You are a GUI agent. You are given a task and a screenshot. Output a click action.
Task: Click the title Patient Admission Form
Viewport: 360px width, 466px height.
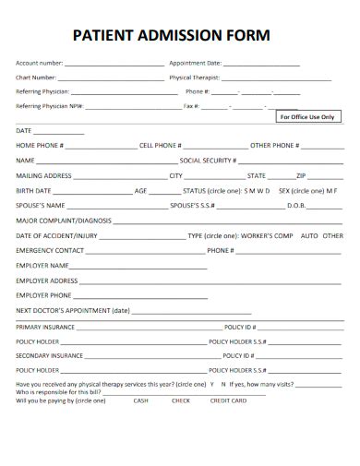point(171,37)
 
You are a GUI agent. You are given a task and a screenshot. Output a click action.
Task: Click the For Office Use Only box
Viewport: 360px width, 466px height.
point(306,117)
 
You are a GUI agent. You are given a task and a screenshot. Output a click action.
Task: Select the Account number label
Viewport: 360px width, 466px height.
point(39,64)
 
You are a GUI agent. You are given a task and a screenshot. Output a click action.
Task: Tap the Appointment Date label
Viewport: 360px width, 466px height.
point(195,64)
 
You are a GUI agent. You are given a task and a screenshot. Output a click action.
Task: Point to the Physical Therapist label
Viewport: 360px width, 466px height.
point(194,78)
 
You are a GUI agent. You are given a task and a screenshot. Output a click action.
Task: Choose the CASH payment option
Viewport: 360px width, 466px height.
point(140,400)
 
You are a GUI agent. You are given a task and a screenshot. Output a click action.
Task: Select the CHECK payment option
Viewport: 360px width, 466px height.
point(181,400)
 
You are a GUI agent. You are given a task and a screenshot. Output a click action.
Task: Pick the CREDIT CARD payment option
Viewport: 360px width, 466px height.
point(228,400)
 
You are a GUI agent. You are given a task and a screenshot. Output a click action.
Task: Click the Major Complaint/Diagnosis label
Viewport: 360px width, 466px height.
point(64,221)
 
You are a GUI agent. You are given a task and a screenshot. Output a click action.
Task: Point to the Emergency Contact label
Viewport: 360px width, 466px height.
point(50,250)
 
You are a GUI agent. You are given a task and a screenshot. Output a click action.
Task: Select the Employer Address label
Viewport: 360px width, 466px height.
point(47,280)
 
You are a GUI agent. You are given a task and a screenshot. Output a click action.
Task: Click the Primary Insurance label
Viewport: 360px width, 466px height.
point(43,327)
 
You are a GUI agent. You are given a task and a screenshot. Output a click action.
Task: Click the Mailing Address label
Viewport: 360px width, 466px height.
point(44,175)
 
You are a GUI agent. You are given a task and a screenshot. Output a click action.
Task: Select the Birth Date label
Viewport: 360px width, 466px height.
point(34,190)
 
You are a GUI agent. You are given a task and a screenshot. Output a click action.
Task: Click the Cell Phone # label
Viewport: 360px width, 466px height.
point(160,146)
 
